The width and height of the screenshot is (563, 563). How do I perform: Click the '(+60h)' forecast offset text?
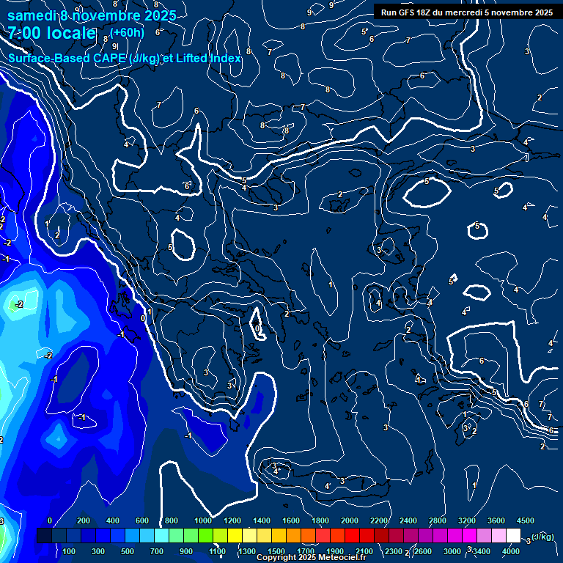pyautogui.click(x=127, y=33)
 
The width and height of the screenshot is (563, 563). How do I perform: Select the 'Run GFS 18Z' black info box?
pyautogui.click(x=467, y=12)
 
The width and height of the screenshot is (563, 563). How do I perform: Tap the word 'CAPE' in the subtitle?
pyautogui.click(x=106, y=58)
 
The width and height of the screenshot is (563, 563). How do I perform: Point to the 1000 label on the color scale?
pyautogui.click(x=203, y=520)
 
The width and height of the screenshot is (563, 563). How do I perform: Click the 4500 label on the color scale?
pyautogui.click(x=526, y=520)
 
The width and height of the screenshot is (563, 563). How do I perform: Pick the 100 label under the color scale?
pyautogui.click(x=70, y=551)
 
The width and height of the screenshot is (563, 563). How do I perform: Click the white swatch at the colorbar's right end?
pyautogui.click(x=513, y=536)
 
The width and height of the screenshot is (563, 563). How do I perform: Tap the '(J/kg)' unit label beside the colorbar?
pyautogui.click(x=542, y=537)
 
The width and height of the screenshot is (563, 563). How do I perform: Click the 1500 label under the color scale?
pyautogui.click(x=276, y=551)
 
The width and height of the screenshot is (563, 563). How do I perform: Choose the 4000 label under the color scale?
pyautogui.click(x=511, y=551)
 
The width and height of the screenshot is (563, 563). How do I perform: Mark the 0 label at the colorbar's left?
pyautogui.click(x=50, y=520)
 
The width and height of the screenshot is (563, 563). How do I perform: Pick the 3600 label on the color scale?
pyautogui.click(x=496, y=520)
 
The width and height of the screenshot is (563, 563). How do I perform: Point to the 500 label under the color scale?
pyautogui.click(x=128, y=551)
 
